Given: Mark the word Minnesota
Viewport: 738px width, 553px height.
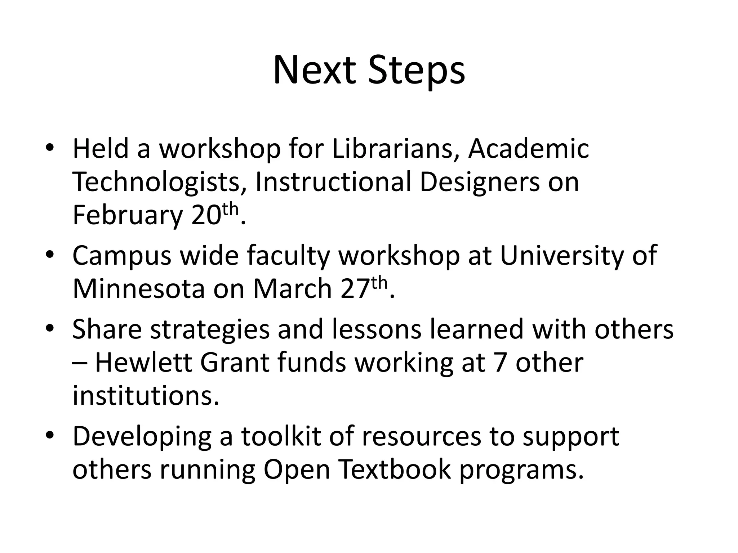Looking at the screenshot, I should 139,289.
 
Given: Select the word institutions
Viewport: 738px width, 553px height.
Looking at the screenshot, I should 146,395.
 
